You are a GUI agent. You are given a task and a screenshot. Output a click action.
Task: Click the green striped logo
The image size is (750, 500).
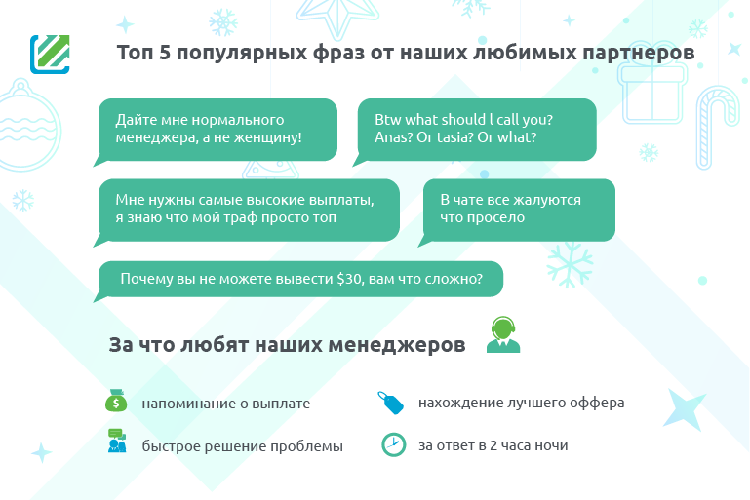[50, 55]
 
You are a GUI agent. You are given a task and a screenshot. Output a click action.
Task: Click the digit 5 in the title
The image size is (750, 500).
[165, 52]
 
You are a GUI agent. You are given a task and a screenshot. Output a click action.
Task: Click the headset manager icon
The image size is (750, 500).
[503, 334]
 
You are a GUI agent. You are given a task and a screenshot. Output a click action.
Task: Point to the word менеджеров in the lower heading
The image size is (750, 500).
[397, 345]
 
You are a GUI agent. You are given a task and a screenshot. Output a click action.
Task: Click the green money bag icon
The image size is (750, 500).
[116, 401]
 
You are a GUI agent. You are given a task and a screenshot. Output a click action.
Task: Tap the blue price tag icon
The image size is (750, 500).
[391, 403]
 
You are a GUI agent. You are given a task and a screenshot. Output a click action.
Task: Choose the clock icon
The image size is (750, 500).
[394, 444]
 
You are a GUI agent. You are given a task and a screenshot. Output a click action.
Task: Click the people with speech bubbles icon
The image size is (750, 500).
[117, 441]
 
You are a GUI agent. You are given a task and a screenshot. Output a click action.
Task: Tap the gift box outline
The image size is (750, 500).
[652, 93]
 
